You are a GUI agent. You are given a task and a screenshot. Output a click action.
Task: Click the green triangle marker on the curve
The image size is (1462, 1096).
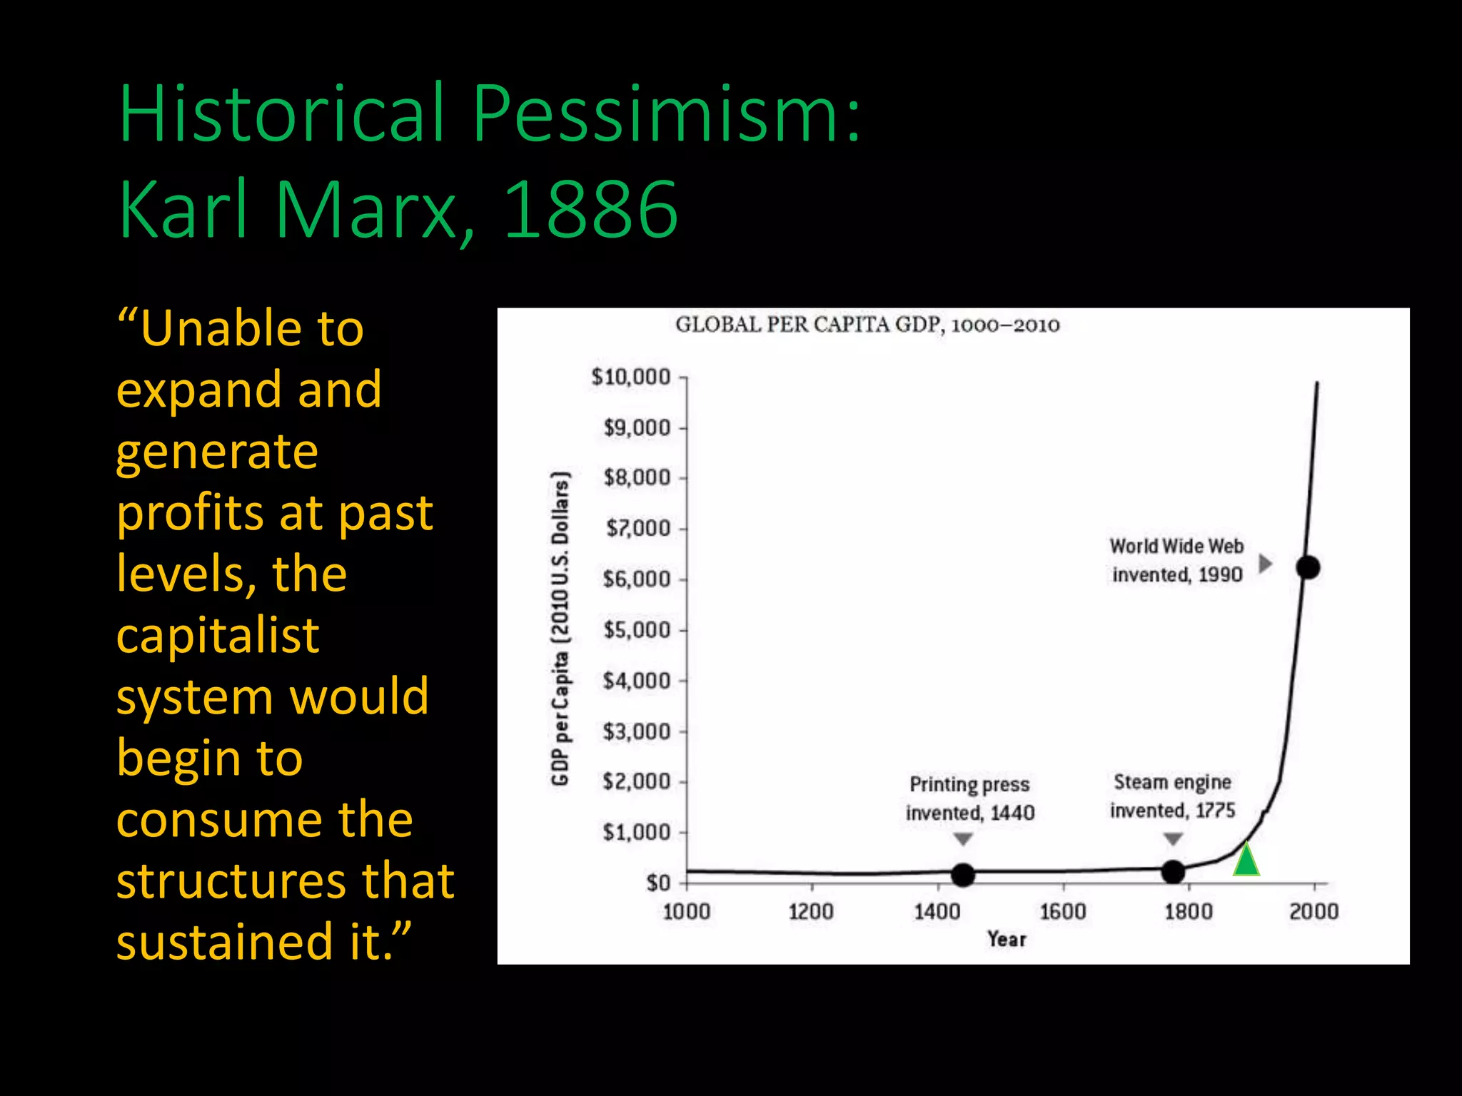pyautogui.click(x=1246, y=861)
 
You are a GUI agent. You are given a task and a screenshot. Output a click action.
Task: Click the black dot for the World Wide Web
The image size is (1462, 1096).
pyautogui.click(x=1308, y=568)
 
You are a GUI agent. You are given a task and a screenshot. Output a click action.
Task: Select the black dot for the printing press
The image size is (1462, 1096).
pyautogui.click(x=963, y=874)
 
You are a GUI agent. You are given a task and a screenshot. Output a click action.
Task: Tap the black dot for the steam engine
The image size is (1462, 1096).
pyautogui.click(x=1173, y=871)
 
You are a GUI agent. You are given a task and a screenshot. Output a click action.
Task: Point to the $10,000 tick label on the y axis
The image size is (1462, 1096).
pyautogui.click(x=631, y=377)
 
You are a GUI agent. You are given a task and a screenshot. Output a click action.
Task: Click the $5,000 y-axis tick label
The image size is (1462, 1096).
pyautogui.click(x=637, y=630)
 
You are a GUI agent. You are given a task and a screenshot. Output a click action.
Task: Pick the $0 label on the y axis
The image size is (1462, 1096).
pyautogui.click(x=658, y=883)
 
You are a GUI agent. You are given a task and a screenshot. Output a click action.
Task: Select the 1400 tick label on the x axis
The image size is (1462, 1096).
pyautogui.click(x=937, y=912)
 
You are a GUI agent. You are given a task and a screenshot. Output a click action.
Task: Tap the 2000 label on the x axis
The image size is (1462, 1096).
pyautogui.click(x=1314, y=912)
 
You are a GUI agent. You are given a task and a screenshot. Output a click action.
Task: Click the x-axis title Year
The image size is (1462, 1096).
pyautogui.click(x=1007, y=939)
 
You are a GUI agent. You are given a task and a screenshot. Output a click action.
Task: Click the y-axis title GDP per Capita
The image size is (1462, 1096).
pyautogui.click(x=560, y=628)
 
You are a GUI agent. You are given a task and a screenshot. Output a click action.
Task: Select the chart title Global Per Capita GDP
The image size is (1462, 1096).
pyautogui.click(x=867, y=325)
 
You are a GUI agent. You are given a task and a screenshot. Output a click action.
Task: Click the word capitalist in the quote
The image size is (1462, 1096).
pyautogui.click(x=218, y=635)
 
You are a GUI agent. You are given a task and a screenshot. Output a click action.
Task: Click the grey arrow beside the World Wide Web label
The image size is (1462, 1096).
pyautogui.click(x=1265, y=564)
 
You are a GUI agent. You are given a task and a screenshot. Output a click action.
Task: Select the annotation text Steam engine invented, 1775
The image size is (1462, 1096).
pyautogui.click(x=1172, y=796)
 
